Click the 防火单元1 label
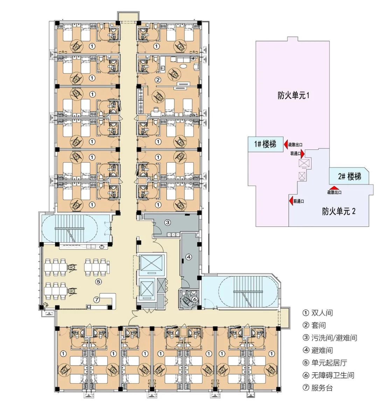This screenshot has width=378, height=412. click(293, 95)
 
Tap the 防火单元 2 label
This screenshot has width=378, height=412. click(338, 211)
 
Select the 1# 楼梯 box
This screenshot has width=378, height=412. click(265, 144)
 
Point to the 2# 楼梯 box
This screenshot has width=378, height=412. click(349, 176)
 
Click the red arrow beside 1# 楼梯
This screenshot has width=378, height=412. click(286, 144)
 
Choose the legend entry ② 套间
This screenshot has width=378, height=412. click(314, 326)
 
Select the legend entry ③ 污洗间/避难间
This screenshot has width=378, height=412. click(330, 338)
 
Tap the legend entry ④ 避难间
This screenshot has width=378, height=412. click(318, 350)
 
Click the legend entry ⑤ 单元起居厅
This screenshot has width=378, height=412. click(325, 363)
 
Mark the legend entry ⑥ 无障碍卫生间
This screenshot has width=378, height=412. click(328, 375)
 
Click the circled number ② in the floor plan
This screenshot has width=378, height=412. click(158, 80)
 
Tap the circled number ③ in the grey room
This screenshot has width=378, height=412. click(168, 222)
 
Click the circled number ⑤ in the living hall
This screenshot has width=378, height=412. click(98, 281)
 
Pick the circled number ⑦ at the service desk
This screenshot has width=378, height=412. click(97, 300)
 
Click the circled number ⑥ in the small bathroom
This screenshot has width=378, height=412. click(195, 299)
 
